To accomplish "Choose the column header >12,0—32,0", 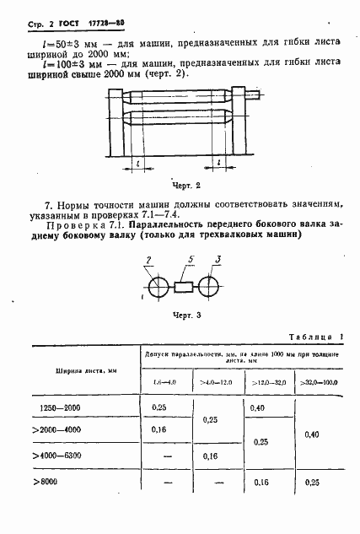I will coord(268,384).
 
